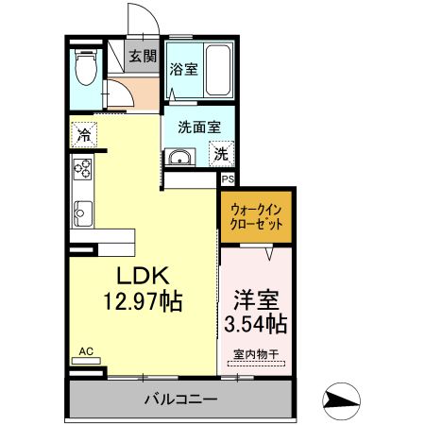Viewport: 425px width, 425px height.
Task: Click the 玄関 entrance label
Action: coord(143,57)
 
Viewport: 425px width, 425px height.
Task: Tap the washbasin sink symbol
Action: coord(178,158)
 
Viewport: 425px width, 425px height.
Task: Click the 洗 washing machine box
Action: coord(219,154)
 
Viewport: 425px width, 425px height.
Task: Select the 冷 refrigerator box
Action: coord(85,135)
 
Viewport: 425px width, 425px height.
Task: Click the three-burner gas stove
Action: coord(80,170)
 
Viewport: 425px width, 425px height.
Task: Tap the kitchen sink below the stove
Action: coord(80,212)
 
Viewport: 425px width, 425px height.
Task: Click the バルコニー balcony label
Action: coord(180,399)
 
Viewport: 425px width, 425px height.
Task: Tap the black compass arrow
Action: coord(340,399)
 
